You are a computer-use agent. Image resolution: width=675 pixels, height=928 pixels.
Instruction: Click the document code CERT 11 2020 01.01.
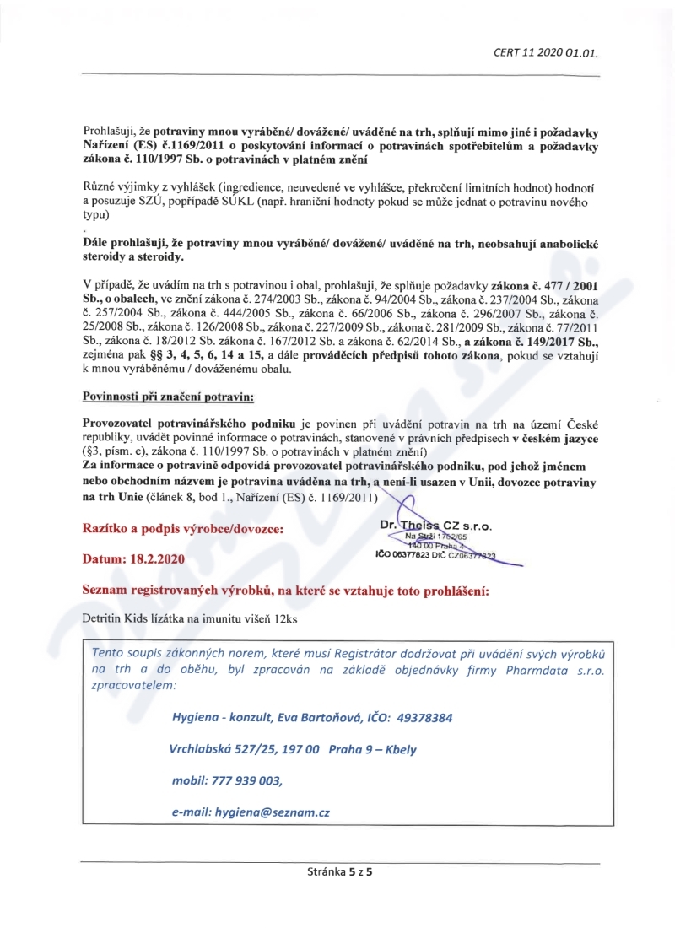[545, 52]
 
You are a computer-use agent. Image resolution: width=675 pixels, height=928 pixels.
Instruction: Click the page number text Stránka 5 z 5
[339, 873]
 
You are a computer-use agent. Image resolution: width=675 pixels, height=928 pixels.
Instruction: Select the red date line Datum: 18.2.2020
[135, 558]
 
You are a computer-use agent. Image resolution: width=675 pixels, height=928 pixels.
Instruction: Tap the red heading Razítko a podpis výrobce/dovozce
[182, 529]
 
